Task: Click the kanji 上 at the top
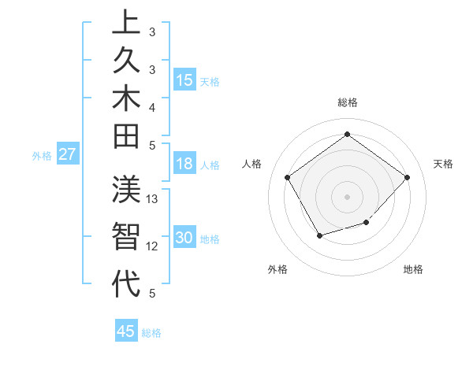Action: click(126, 21)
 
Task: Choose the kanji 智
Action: click(126, 239)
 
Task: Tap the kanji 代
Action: click(126, 283)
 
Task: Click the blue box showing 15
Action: click(184, 80)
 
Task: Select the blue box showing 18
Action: click(184, 164)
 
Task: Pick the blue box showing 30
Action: click(184, 238)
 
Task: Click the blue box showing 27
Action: click(68, 154)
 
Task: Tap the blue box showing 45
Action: click(126, 331)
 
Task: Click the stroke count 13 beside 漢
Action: click(153, 199)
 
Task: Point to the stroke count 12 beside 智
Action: click(153, 246)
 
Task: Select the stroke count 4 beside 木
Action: click(152, 106)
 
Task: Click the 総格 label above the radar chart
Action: click(347, 102)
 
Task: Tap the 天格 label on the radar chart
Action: click(443, 164)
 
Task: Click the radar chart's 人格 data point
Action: click(288, 177)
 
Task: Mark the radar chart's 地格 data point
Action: click(367, 224)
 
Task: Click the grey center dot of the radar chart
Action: click(347, 196)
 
